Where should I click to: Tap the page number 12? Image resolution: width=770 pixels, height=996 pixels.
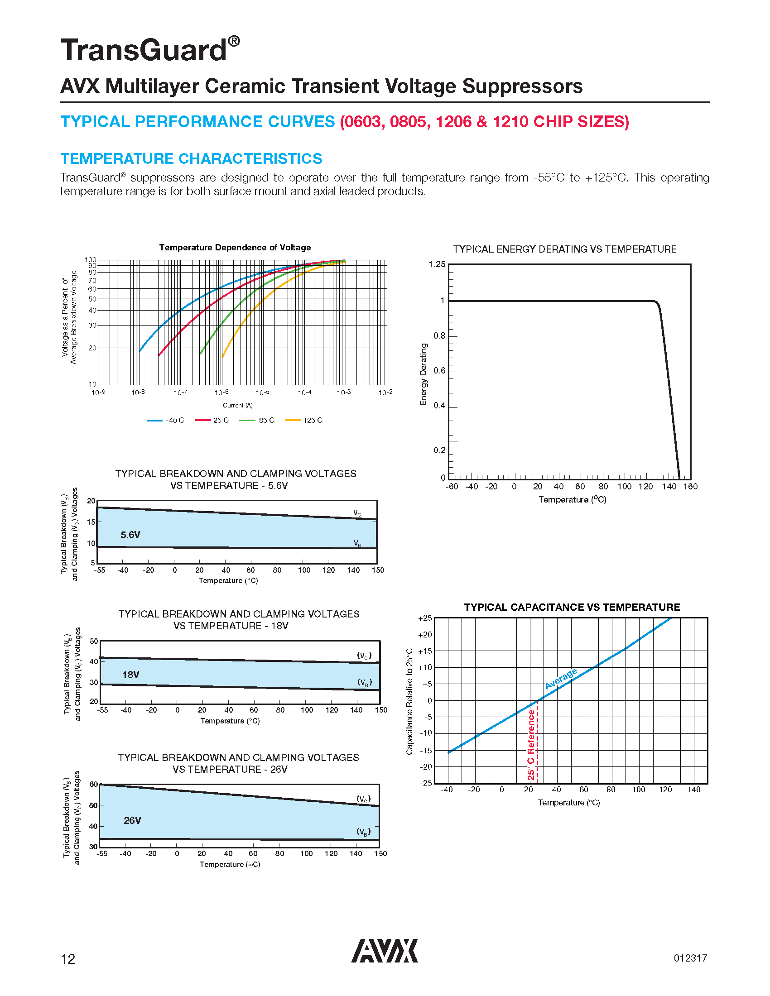tap(68, 959)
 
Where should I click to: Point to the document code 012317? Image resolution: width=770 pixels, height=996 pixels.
tap(690, 958)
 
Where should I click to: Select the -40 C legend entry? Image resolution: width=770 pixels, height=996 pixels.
tap(166, 420)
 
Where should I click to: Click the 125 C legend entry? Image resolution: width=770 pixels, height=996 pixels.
tap(304, 420)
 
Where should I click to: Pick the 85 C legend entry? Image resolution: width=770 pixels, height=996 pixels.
tap(257, 420)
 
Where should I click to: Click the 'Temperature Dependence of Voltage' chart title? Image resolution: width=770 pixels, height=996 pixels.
tap(235, 247)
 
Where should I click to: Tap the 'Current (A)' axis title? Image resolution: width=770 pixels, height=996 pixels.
tap(237, 405)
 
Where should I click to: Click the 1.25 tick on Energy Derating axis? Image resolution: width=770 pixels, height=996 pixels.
tap(437, 264)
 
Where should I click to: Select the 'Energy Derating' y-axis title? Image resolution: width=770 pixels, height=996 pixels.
tap(423, 374)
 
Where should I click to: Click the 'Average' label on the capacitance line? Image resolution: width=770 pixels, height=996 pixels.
tap(561, 678)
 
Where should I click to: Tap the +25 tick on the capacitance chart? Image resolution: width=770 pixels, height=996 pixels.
tap(425, 618)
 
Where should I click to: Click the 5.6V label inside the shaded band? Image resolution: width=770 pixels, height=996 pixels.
tap(130, 535)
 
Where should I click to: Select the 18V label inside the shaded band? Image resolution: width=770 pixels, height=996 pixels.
tap(131, 675)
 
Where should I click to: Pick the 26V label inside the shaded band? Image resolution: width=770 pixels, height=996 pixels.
tap(132, 820)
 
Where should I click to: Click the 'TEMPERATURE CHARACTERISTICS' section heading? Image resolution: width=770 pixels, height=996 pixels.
tap(191, 158)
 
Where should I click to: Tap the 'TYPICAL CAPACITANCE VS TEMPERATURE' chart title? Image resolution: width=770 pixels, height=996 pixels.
tap(572, 607)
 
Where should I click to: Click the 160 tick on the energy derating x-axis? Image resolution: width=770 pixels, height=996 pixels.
tap(690, 486)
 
